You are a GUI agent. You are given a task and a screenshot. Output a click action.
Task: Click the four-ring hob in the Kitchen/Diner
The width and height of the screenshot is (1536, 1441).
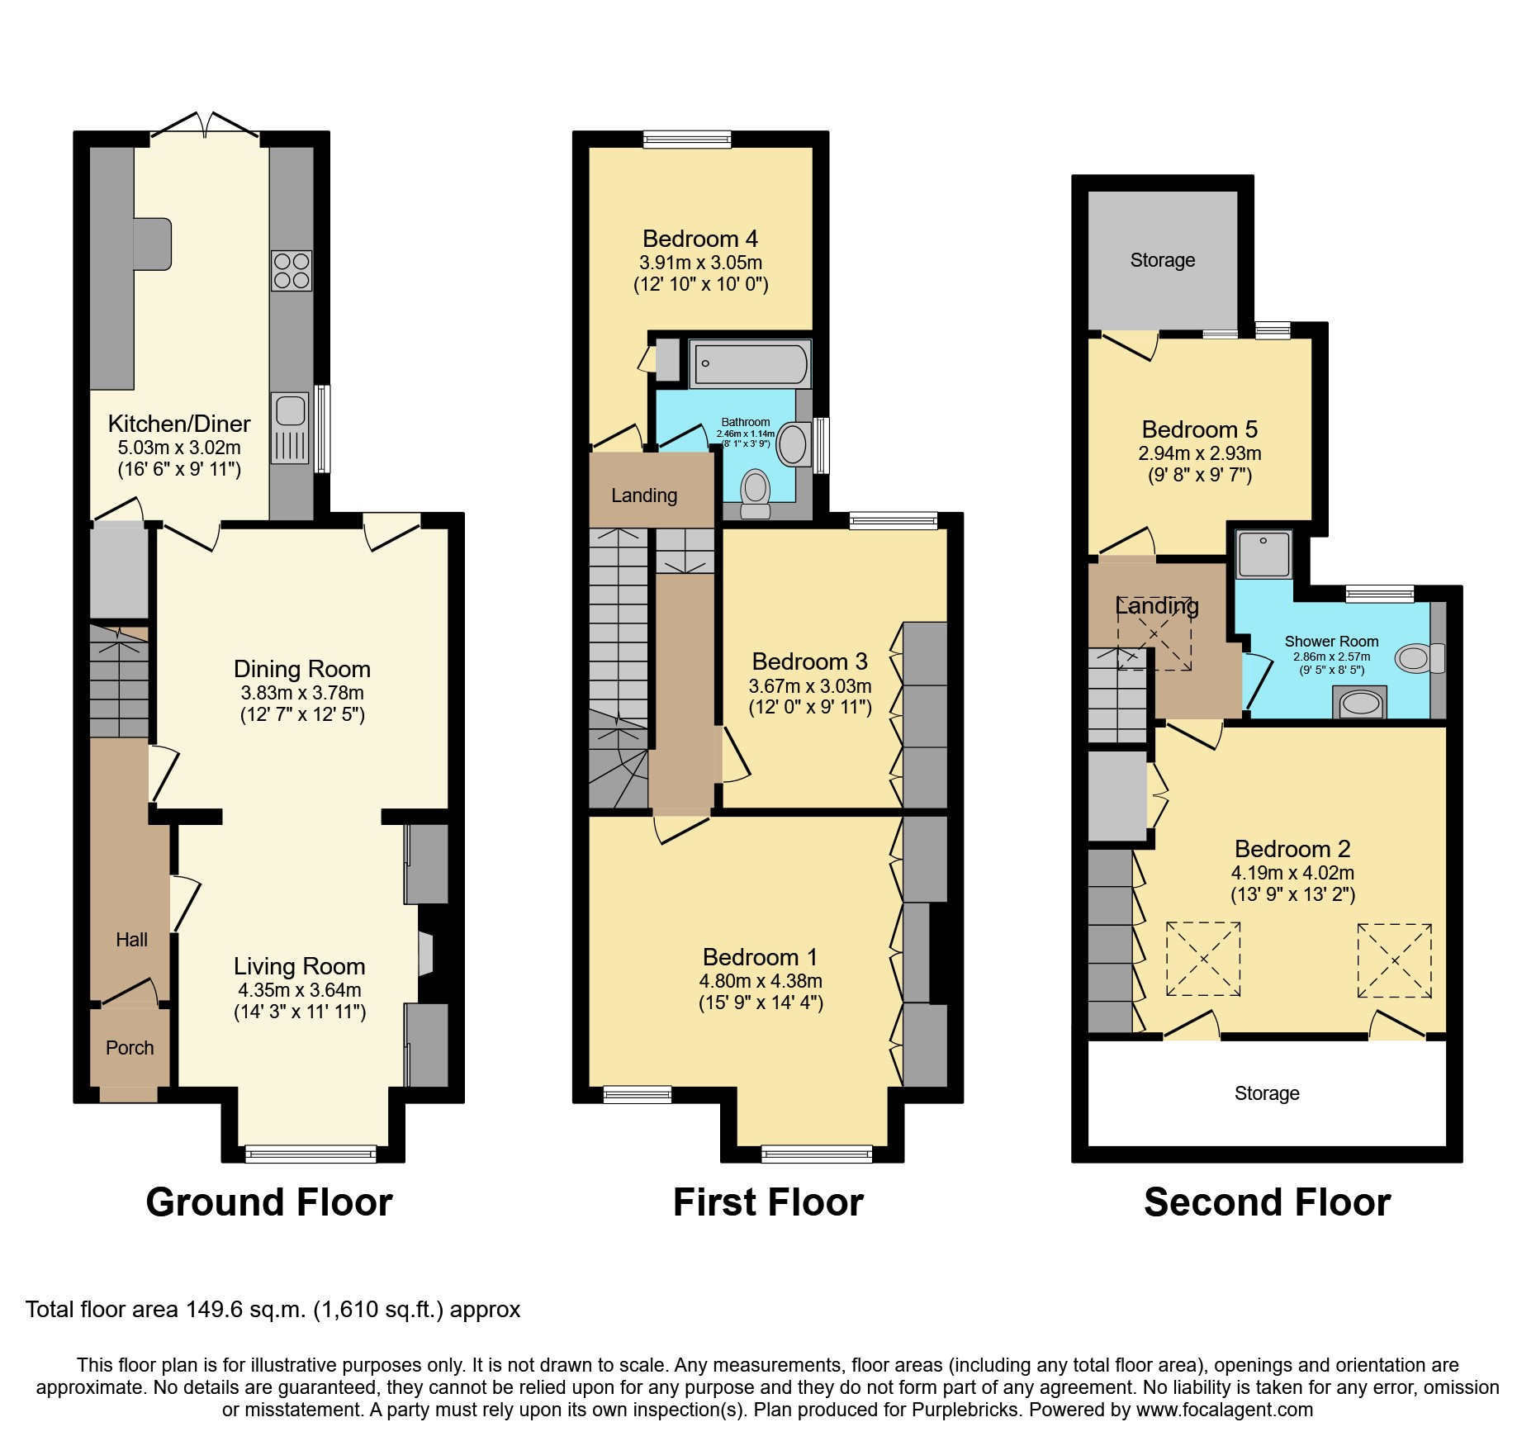point(291,271)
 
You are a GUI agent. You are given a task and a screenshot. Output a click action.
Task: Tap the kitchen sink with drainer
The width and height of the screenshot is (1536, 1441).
point(290,428)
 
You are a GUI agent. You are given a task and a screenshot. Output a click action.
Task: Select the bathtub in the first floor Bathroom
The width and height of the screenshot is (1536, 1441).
point(750,364)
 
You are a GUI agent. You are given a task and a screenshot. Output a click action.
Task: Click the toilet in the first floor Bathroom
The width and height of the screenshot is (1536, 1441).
point(755,493)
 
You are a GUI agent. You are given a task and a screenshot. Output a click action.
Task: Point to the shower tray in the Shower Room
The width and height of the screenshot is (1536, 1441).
point(1263,553)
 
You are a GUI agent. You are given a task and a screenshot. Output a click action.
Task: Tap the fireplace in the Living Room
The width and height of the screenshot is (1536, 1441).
point(425,955)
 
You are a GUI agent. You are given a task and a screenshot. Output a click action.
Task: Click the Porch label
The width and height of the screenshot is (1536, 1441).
point(130,1048)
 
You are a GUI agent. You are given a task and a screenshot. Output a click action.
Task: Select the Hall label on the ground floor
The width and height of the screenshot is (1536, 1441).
point(131,940)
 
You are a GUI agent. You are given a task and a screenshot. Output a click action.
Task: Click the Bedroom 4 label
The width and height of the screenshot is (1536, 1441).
point(699,239)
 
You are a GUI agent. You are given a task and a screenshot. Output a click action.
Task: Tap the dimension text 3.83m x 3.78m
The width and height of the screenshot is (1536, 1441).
point(301,693)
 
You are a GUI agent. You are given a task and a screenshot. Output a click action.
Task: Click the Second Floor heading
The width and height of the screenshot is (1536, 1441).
point(1267,1202)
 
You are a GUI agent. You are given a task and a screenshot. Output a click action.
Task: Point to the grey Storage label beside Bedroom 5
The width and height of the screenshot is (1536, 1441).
point(1162,260)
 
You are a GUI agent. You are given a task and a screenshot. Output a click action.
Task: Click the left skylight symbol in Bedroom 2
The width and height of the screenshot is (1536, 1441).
point(1203,960)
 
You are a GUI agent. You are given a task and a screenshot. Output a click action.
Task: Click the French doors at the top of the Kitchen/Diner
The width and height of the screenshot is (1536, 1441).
point(205,126)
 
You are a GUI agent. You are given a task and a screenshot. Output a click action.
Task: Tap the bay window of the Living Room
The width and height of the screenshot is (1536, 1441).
point(311,1154)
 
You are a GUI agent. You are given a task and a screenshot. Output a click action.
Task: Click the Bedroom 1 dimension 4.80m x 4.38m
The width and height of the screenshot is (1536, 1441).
point(760,981)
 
